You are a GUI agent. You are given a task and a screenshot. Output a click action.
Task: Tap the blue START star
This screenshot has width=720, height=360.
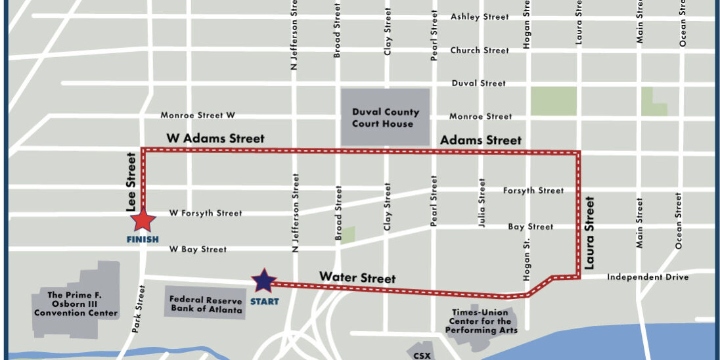click(x=264, y=281)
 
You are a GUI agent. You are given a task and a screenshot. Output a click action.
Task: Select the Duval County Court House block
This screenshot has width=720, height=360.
click(x=385, y=118)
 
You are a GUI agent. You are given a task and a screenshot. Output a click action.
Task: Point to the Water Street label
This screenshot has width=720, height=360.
click(x=357, y=278)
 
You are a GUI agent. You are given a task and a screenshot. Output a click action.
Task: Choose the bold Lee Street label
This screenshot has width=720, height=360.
click(x=131, y=182)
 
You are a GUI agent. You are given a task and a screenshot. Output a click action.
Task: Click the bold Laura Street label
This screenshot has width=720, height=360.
click(x=589, y=233)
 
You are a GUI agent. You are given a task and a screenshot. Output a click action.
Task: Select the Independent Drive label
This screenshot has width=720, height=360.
click(x=647, y=277)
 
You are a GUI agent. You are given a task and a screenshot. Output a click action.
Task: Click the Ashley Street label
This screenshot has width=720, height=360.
click(x=480, y=17)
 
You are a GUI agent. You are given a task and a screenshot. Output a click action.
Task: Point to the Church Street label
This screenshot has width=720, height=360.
click(x=480, y=51)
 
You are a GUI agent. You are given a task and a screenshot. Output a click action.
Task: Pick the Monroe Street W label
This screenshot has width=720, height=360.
click(x=198, y=116)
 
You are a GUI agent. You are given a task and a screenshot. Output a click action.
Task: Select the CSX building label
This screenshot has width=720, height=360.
click(x=422, y=355)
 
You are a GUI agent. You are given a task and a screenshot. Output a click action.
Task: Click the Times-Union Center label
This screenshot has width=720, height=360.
click(x=481, y=321)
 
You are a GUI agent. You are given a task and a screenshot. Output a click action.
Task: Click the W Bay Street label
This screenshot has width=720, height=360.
click(x=198, y=250)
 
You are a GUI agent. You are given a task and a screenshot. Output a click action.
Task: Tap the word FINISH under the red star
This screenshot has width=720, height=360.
click(x=143, y=239)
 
